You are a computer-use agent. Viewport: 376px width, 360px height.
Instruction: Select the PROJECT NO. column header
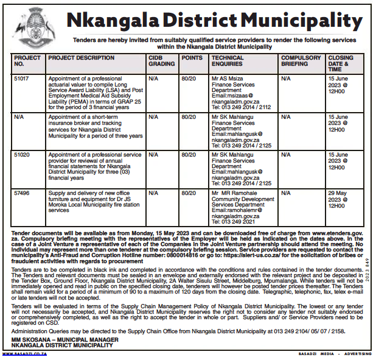[27, 60]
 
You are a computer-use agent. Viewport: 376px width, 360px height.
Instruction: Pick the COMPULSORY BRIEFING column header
[301, 60]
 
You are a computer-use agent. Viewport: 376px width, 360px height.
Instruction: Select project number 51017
[21, 79]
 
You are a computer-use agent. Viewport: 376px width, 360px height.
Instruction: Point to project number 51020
[21, 155]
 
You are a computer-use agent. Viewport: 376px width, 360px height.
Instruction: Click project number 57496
[21, 192]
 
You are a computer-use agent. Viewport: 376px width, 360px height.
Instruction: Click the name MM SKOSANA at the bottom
[35, 339]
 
